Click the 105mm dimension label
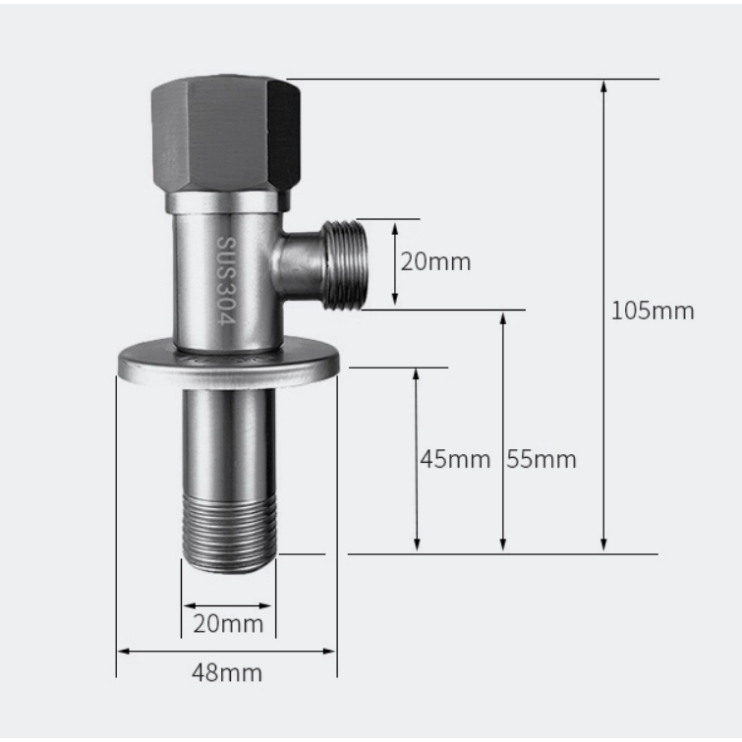point(653,312)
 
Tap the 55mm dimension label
point(542,459)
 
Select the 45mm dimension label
point(454,459)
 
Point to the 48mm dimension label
point(227,673)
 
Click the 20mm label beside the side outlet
point(435,262)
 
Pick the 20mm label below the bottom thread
point(228,624)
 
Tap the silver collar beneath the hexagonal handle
point(227,202)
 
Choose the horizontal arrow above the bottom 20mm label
point(228,604)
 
